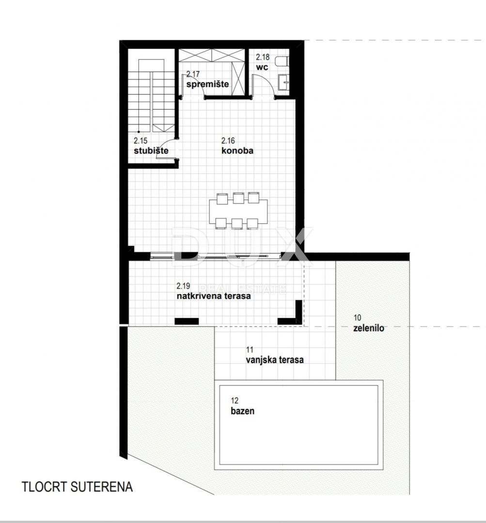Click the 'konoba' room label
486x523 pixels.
(x=237, y=151)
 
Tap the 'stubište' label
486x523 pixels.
(x=151, y=151)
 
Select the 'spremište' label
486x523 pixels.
(x=208, y=84)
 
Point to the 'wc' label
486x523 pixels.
(x=262, y=67)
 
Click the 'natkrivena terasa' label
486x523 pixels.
(x=214, y=296)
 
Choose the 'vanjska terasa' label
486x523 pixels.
(x=275, y=360)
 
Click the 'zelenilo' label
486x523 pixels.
(x=369, y=328)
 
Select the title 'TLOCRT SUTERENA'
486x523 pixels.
(x=77, y=487)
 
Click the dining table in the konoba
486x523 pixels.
(x=238, y=211)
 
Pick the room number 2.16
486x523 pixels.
(x=228, y=141)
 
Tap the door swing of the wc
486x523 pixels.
(x=265, y=87)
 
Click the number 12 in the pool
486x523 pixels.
(x=235, y=400)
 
